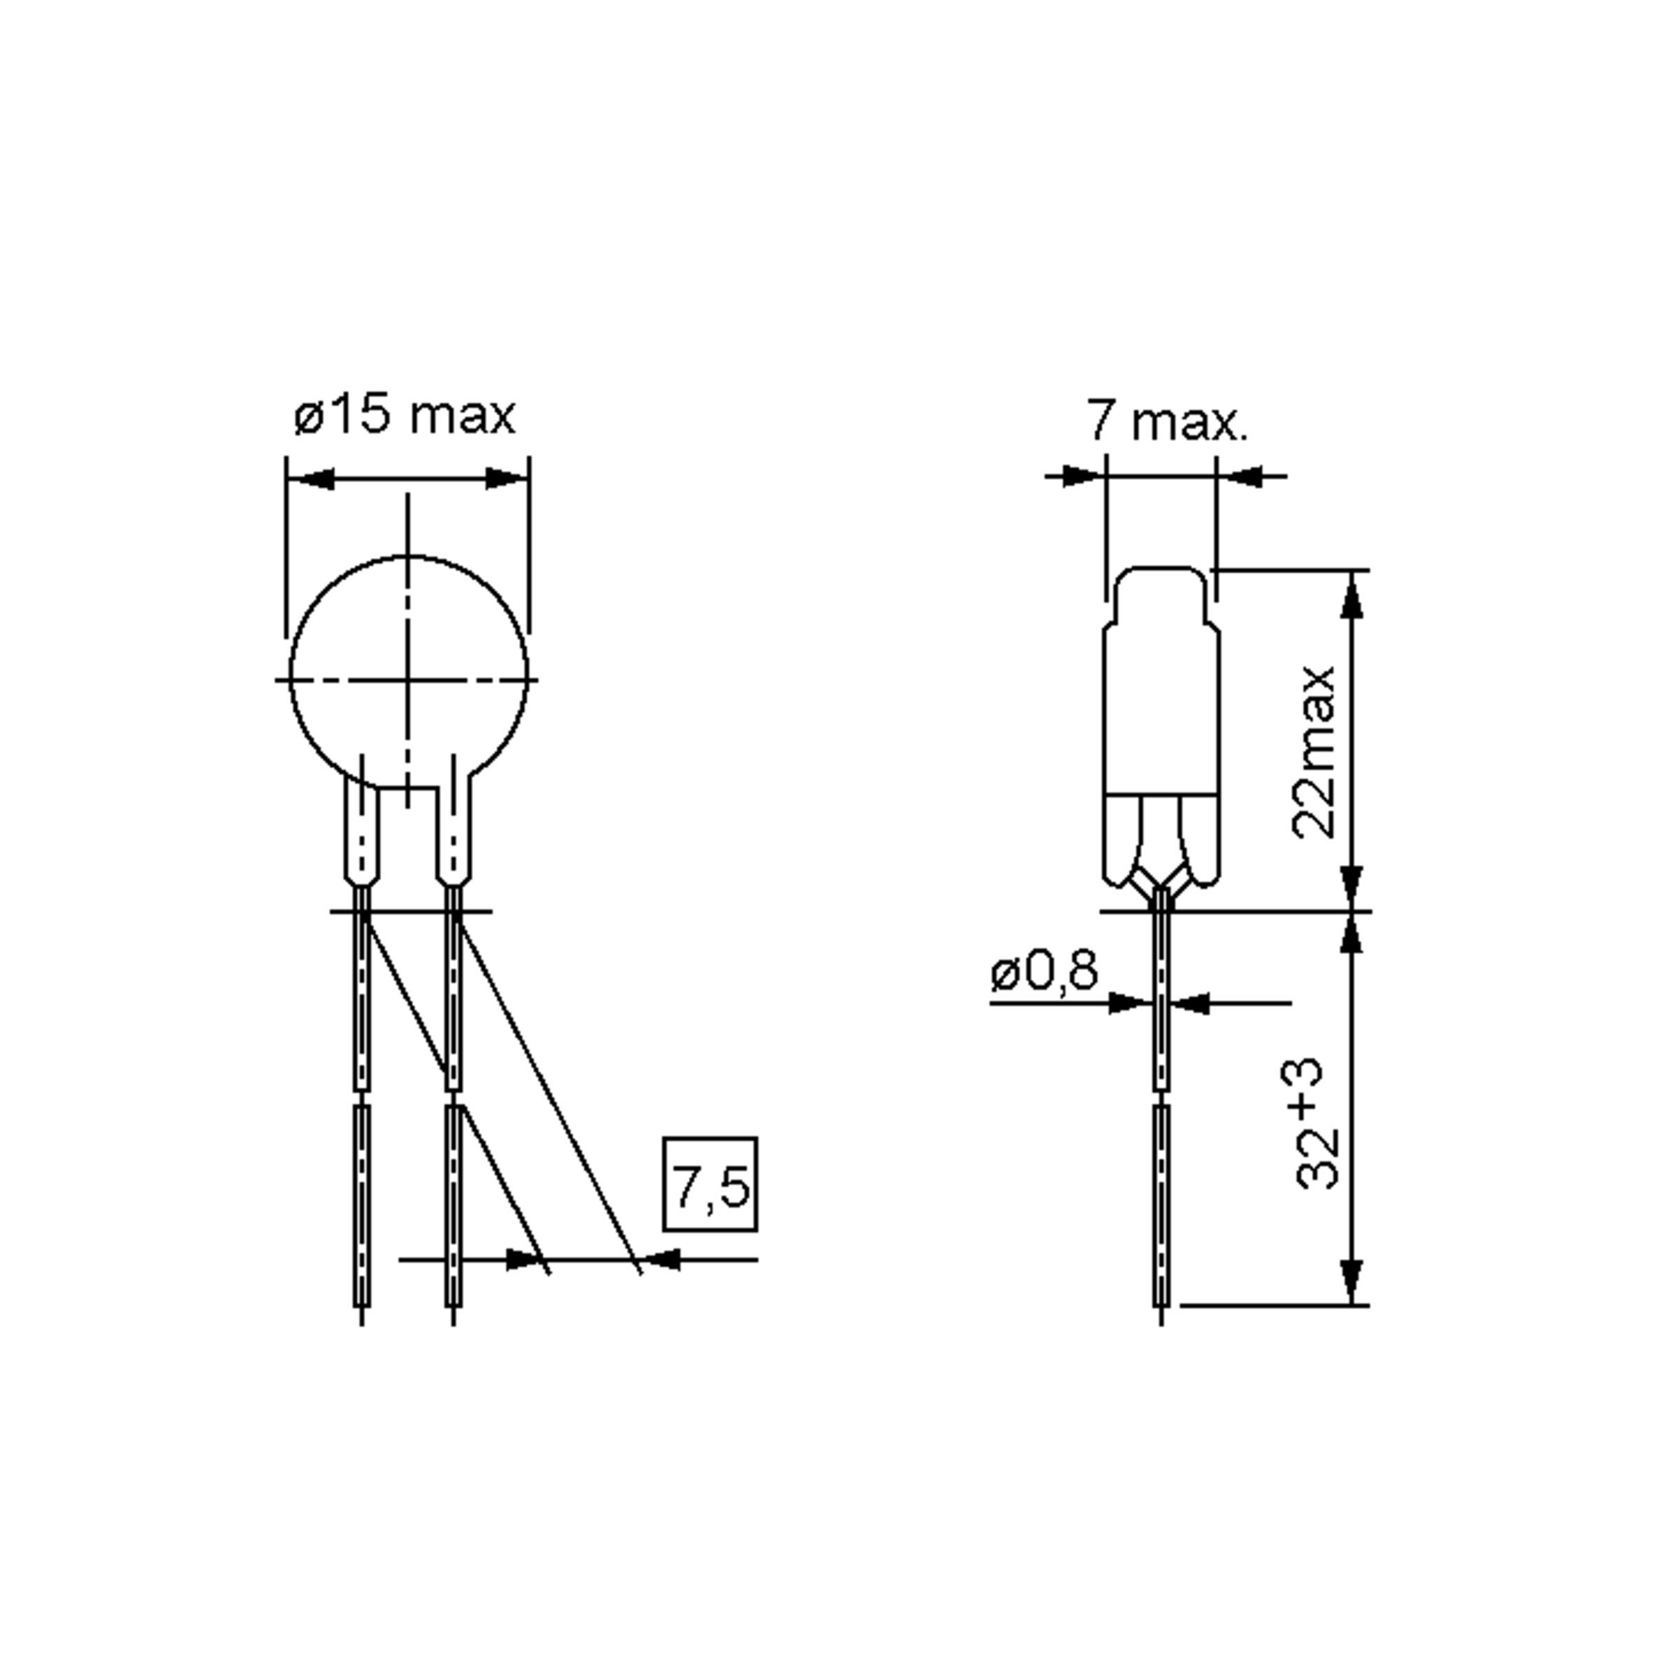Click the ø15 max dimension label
click(405, 416)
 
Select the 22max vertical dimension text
click(1312, 752)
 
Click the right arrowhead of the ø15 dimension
click(506, 478)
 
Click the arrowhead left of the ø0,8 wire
click(1131, 1003)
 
